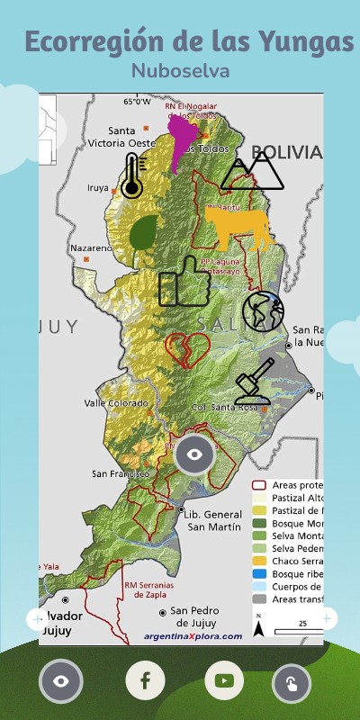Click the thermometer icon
coord(132,175)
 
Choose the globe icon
coord(263,312)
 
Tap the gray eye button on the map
coord(194,454)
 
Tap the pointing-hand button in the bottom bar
coord(292,683)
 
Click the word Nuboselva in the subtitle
coord(180,69)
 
